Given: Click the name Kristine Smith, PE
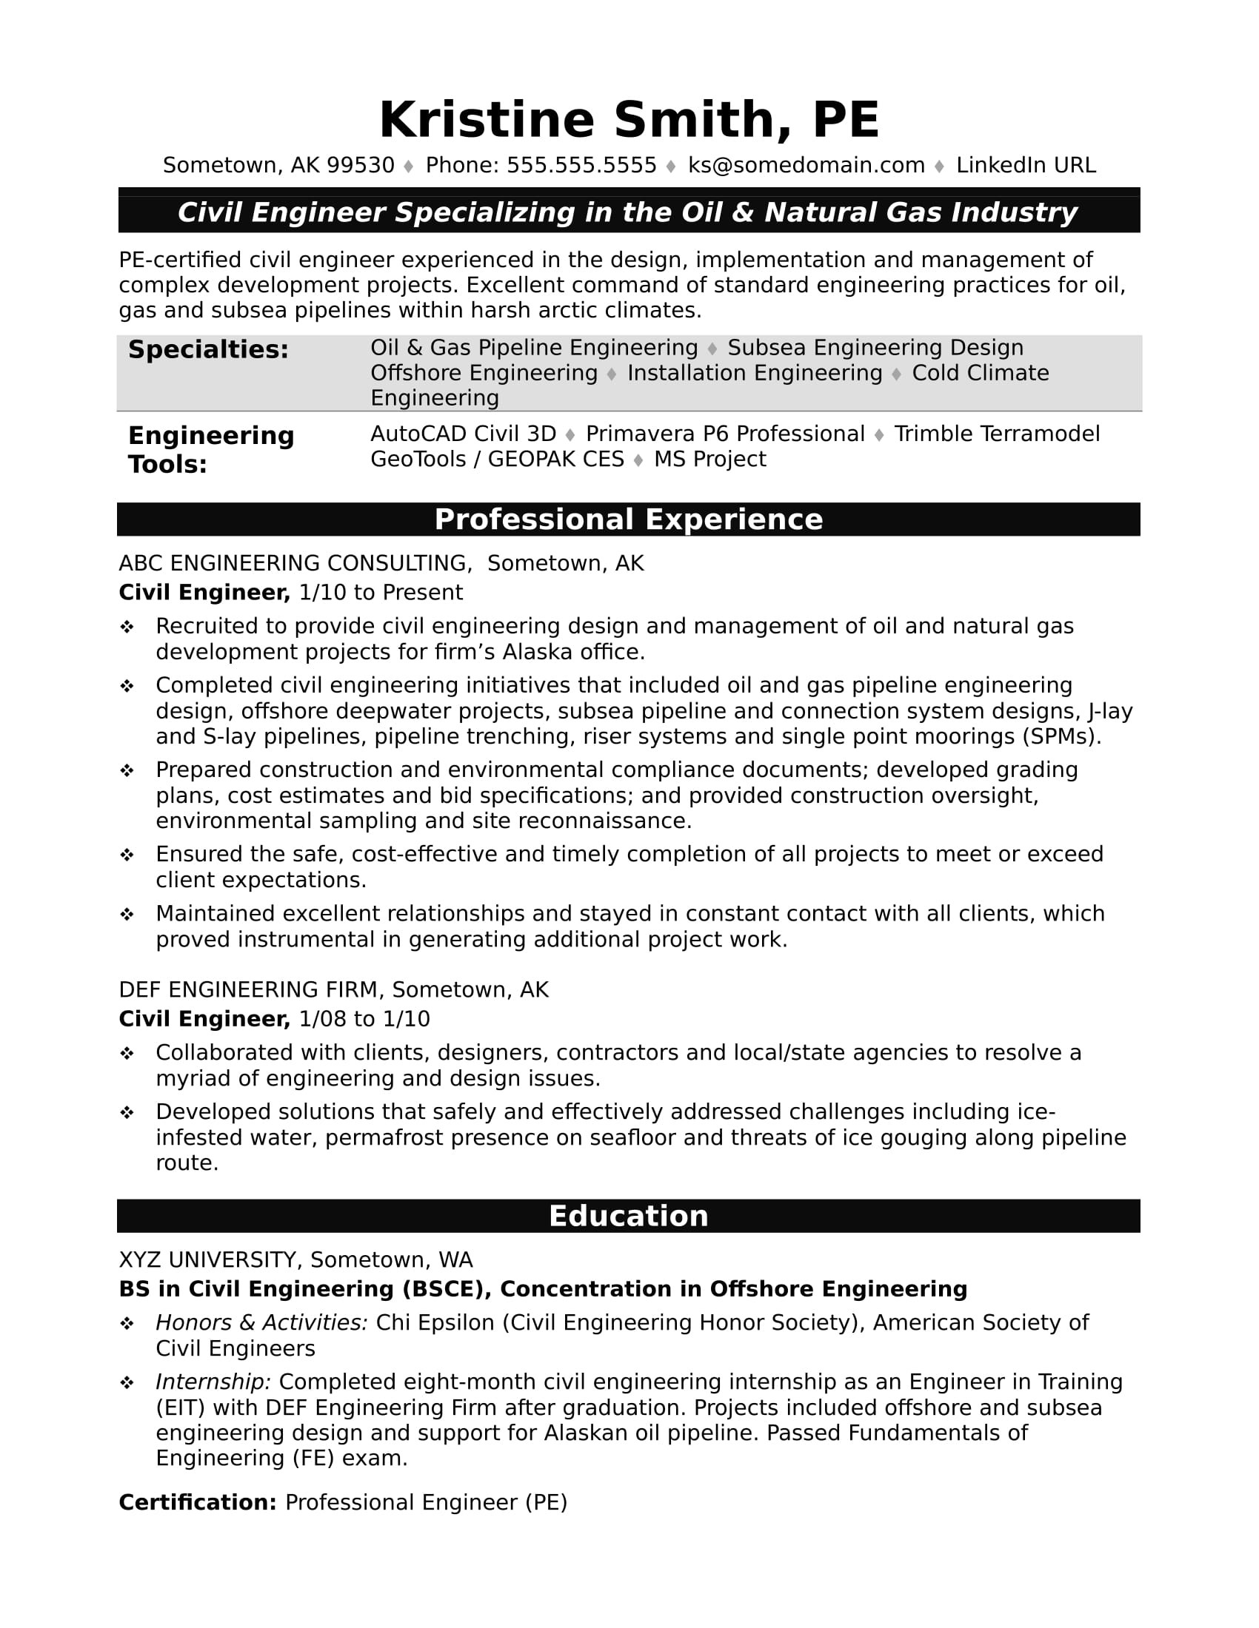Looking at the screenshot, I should [629, 120].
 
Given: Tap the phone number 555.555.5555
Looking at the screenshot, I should [581, 166].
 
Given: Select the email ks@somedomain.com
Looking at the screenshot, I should [806, 166].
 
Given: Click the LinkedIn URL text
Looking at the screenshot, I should [1026, 166].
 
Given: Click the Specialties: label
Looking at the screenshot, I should [208, 349].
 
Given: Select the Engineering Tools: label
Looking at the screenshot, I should [211, 449].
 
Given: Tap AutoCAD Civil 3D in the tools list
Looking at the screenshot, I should [463, 434].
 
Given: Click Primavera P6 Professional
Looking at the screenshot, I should [724, 434].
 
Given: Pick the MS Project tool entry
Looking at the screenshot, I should [709, 460].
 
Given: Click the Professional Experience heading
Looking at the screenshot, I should [628, 519].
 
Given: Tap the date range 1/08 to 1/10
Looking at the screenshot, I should [364, 1019].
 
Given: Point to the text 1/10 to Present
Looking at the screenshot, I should [381, 593].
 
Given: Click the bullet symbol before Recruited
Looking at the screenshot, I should [127, 627].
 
